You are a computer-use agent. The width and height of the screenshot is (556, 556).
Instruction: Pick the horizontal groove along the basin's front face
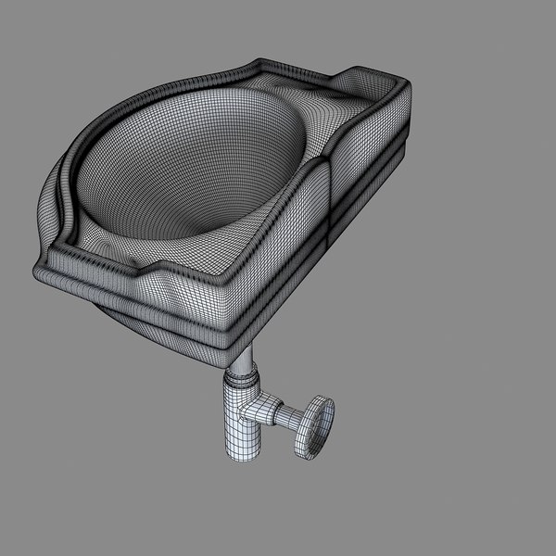click(139, 307)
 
